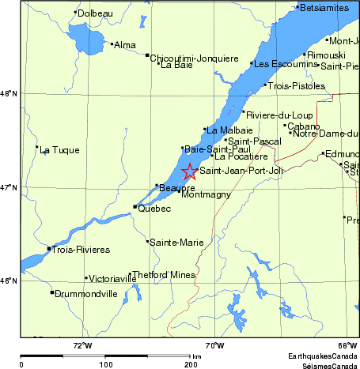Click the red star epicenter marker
pos(190,171)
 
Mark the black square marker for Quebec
pos(135,207)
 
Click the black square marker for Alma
pos(112,44)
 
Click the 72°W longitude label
pos(82,345)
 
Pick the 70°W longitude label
pos(214,345)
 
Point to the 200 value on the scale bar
pos(190,365)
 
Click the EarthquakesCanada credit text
pos(322,355)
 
